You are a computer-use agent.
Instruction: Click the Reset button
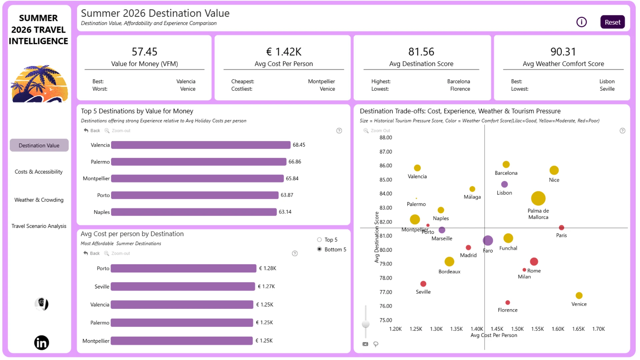[x=612, y=22]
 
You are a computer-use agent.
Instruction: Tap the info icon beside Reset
[x=581, y=22]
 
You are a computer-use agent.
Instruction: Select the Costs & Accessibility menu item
[x=39, y=172]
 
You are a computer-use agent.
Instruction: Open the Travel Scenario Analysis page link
[x=39, y=226]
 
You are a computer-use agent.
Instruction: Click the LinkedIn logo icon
[x=42, y=343]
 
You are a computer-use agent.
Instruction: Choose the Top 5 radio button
[x=319, y=240]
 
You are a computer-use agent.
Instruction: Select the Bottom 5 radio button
[x=319, y=249]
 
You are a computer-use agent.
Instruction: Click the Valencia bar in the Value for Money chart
[x=201, y=145]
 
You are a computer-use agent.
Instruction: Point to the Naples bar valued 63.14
[x=194, y=212]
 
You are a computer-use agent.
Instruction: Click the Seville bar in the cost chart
[x=183, y=286]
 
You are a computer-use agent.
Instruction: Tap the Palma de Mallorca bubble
[x=538, y=198]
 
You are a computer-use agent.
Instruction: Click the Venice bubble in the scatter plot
[x=579, y=295]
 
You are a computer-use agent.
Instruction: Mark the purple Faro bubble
[x=488, y=240]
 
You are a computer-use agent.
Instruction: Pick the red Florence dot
[x=507, y=303]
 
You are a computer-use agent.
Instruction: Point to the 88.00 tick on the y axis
[x=386, y=138]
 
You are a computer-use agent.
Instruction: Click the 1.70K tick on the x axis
[x=598, y=329]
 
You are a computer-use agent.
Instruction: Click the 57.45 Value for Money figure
[x=144, y=52]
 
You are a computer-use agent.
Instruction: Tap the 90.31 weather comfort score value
[x=563, y=52]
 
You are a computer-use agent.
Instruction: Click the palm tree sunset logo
[x=39, y=84]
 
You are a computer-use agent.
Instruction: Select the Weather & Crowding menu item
[x=39, y=200]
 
